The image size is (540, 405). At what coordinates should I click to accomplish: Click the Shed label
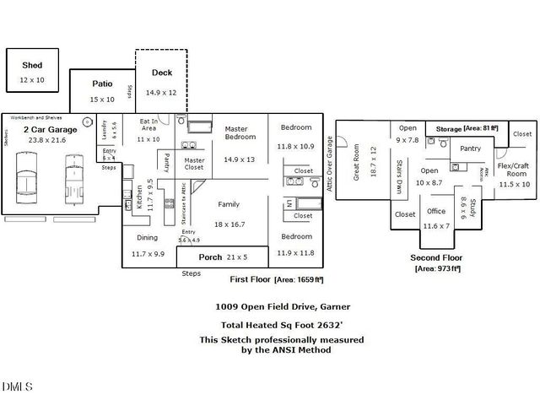pos(32,65)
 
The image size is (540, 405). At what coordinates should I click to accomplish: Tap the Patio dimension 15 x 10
pos(101,100)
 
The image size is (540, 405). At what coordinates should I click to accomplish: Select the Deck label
pos(161,73)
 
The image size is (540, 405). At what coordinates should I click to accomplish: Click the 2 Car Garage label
pos(51,130)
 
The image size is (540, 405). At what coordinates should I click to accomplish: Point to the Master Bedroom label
pos(240,132)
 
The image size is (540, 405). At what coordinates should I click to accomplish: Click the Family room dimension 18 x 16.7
pos(229,224)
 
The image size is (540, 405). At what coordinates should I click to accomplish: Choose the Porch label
pos(210,256)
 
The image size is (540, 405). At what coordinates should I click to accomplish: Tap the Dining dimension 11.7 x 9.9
pos(148,253)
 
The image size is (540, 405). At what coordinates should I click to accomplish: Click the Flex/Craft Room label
pos(512,169)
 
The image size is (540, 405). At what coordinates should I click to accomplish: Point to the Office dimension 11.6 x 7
pos(436,225)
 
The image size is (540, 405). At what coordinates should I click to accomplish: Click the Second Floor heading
pos(436,257)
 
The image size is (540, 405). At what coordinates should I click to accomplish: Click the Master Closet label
pos(195,164)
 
